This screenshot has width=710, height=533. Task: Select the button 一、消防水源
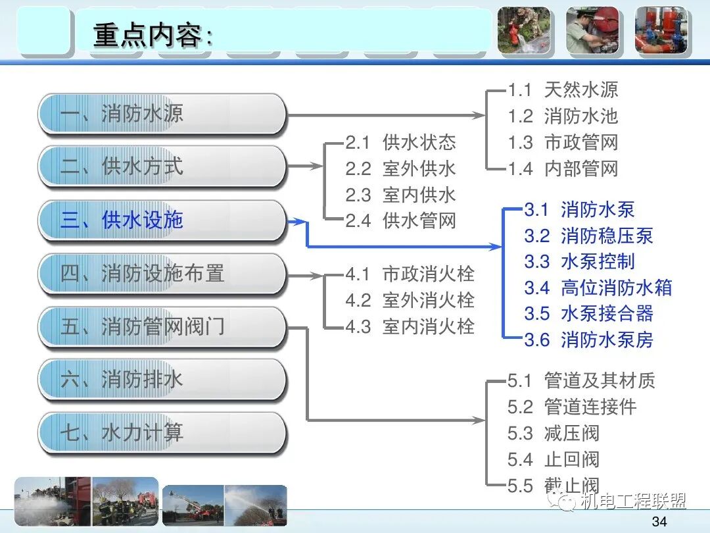coord(162,114)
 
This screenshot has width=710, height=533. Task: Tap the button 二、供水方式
coord(162,166)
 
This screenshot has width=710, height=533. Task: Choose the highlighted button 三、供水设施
coord(162,220)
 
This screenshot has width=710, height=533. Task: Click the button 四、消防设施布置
coord(162,273)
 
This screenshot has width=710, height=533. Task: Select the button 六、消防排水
coord(162,380)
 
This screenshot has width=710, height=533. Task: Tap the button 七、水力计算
coord(162,433)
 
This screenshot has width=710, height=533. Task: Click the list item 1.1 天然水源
coord(563,90)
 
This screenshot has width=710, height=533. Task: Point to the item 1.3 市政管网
coord(563,143)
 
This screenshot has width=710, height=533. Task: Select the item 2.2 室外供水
coord(400,168)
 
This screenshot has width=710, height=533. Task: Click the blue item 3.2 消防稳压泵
coord(588,236)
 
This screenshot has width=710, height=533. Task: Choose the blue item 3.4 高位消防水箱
coord(598,288)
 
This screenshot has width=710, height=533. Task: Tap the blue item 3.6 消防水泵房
coord(588,340)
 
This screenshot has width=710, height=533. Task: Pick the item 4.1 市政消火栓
coord(410,274)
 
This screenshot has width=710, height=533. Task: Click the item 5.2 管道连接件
coord(572,407)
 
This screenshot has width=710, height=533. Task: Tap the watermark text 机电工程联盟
coord(632,501)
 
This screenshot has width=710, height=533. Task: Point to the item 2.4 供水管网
coord(400,220)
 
